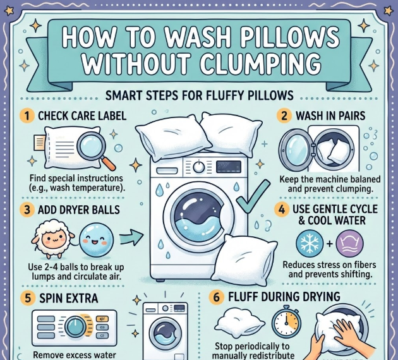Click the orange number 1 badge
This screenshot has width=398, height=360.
[27, 116]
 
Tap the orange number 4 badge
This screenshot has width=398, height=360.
[282, 210]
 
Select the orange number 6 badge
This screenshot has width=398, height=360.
[216, 297]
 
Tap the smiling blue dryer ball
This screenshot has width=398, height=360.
[96, 239]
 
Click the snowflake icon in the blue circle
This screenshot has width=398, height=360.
[310, 243]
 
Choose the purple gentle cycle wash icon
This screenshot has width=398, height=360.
[349, 243]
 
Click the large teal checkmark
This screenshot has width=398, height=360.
[253, 196]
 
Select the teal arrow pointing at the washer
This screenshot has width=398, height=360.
[131, 237]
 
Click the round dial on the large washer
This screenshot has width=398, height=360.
[198, 167]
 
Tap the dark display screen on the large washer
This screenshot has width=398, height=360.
[229, 167]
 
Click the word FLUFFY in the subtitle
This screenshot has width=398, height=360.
[224, 95]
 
